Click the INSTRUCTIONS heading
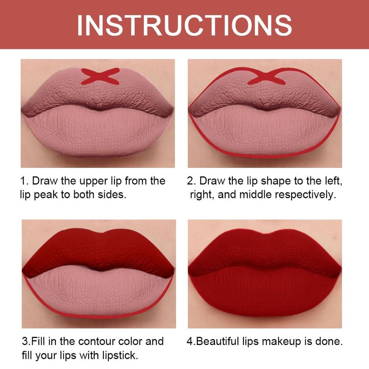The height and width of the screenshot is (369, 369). tap(184, 25)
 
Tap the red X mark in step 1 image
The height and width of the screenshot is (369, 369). tap(100, 76)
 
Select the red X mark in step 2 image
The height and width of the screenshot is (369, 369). tap(267, 76)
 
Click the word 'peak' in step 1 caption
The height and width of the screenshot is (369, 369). tap(46, 195)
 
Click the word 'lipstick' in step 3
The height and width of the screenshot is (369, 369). tap(120, 355)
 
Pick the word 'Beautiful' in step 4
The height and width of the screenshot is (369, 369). tap(217, 341)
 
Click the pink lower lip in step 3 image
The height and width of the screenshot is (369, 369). tap(99, 292)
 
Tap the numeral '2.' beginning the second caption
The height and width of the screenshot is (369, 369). tap(192, 181)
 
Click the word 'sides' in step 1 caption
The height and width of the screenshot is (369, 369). tap(112, 194)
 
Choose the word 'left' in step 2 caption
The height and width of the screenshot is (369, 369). tap(333, 181)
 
